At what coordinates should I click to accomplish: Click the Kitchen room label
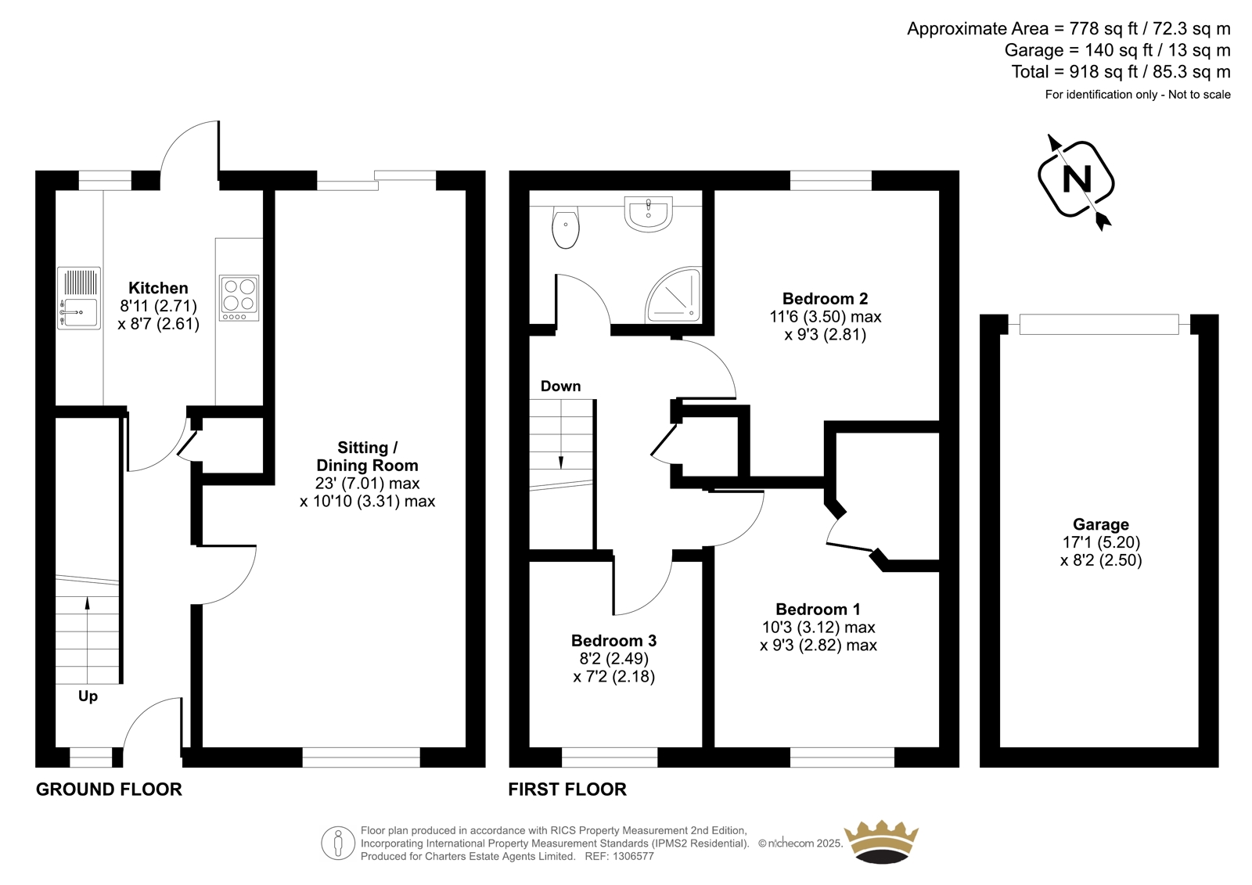158,288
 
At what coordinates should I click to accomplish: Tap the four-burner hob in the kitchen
239,297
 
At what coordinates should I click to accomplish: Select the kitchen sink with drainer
79,298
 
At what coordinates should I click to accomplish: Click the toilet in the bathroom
566,227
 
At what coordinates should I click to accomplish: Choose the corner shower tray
674,295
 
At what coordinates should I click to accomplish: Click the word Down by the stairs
560,387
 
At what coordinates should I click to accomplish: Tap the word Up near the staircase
88,696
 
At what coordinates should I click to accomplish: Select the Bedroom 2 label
825,299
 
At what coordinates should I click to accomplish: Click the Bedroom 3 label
613,640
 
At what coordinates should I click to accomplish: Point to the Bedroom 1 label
818,609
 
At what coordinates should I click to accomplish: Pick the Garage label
1101,524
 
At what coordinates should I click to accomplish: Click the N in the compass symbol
1077,179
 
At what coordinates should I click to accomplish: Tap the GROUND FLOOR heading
109,790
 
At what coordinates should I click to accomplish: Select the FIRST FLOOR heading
567,790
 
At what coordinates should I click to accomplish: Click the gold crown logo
881,841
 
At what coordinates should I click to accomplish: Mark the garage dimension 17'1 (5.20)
1101,541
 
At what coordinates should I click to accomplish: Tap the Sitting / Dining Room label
367,456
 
